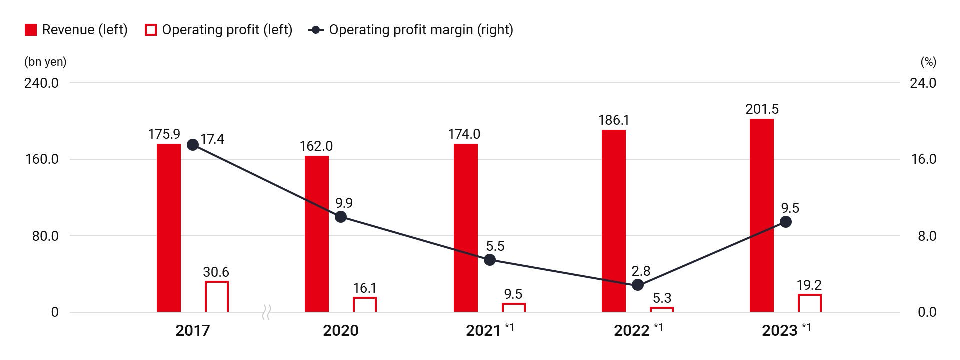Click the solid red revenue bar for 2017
169,228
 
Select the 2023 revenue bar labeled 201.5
761,215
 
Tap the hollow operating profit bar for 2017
217,297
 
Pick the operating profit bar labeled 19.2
809,303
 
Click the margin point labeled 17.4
193,145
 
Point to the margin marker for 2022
637,285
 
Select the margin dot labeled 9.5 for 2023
785,222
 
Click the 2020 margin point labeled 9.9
341,217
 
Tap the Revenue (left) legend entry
76,30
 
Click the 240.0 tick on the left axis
41,83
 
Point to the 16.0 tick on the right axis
923,159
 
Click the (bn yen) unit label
45,62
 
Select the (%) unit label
928,62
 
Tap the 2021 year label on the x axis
483,331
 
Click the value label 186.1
613,120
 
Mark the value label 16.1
365,288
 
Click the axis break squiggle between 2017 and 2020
266,312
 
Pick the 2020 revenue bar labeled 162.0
317,234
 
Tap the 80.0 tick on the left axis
45,236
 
